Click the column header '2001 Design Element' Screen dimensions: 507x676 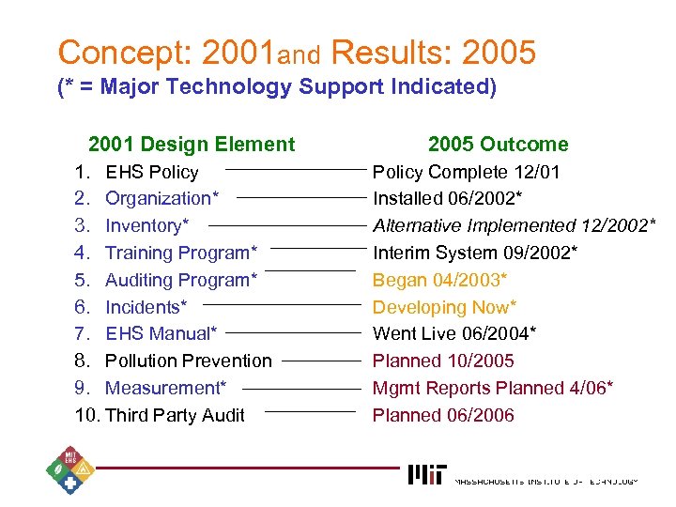[x=191, y=144]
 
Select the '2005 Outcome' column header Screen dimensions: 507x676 [x=498, y=144]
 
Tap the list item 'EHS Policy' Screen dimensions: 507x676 [x=151, y=172]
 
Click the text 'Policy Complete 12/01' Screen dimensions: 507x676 [x=467, y=172]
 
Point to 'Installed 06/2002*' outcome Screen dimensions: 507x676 [x=448, y=198]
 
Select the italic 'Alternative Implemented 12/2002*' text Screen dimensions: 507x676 [x=514, y=225]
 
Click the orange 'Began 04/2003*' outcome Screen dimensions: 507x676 [x=439, y=280]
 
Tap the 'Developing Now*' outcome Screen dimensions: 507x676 [x=444, y=307]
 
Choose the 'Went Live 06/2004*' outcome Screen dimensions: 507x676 [x=454, y=333]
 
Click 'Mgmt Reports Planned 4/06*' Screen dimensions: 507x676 [x=493, y=388]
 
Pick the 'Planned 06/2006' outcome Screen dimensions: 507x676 [x=443, y=415]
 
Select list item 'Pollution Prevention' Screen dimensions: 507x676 [x=188, y=361]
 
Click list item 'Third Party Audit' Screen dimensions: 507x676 [x=175, y=415]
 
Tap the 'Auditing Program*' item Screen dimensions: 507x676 [x=181, y=280]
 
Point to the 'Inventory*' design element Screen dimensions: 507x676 [x=146, y=225]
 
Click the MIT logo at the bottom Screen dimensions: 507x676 [x=427, y=474]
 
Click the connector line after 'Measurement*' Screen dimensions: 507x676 [x=302, y=387]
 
